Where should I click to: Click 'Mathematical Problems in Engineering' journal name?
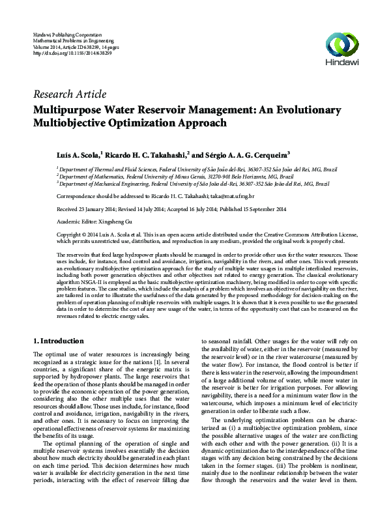point(77,39)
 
